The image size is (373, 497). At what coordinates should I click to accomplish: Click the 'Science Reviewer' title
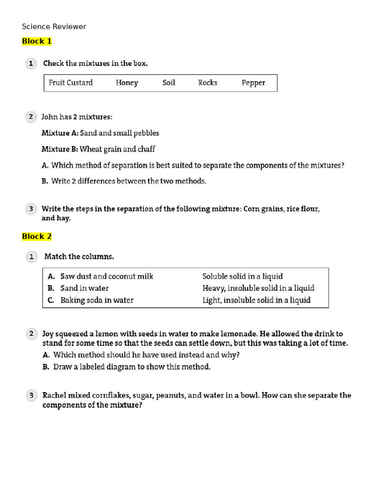54,27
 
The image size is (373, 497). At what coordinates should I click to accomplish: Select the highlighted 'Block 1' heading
37,41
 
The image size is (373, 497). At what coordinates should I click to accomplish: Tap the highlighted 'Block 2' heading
37,237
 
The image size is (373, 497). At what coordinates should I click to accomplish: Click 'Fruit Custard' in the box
70,83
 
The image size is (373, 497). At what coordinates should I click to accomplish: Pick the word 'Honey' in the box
127,83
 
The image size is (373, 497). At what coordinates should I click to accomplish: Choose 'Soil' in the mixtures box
169,83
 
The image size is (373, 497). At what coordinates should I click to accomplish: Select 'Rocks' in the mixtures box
207,83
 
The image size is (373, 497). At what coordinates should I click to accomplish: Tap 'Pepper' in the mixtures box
253,83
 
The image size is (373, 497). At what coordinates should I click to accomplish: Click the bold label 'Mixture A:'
60,133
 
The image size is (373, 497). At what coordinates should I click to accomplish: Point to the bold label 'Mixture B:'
60,149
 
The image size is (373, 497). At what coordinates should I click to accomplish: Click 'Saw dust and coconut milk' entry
106,277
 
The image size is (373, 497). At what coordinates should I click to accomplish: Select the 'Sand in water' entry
85,288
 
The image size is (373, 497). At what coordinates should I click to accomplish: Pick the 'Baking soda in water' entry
97,300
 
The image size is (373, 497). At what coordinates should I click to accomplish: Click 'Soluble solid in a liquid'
242,277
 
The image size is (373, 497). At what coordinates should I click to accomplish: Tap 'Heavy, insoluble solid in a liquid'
258,288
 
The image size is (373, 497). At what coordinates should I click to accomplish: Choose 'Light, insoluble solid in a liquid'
256,300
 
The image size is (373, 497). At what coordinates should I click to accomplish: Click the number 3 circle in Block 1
31,209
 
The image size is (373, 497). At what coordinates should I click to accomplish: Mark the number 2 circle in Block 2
31,334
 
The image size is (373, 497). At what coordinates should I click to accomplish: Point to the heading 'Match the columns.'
79,257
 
